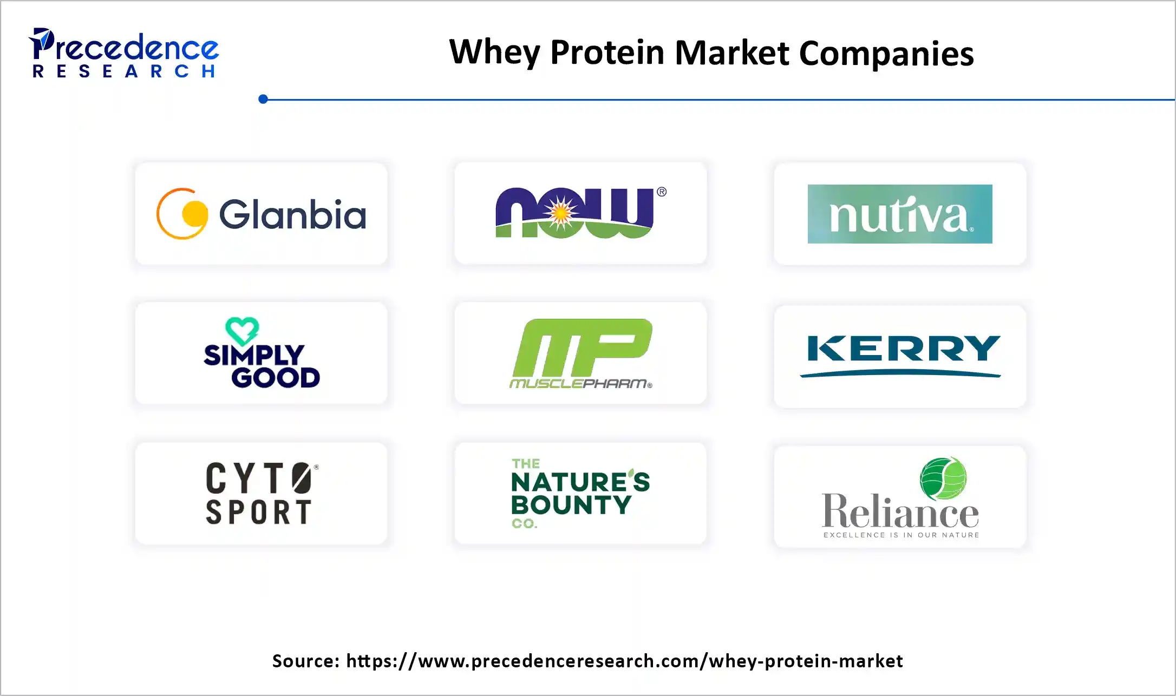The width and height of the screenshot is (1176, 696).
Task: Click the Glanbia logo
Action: [261, 214]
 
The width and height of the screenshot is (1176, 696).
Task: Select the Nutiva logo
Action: [899, 214]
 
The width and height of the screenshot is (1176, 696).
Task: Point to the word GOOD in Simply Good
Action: [276, 378]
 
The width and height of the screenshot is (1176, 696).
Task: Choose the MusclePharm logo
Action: [581, 353]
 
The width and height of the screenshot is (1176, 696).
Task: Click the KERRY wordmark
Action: [900, 349]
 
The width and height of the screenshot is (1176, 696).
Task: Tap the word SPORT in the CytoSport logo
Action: [259, 512]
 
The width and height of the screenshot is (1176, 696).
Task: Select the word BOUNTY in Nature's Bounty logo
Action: [571, 505]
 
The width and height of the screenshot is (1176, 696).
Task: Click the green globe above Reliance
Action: [943, 478]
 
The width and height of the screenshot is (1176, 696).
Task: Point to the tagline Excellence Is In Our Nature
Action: [901, 535]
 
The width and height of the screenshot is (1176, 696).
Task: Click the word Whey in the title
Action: [494, 53]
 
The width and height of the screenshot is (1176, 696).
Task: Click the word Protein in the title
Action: [607, 53]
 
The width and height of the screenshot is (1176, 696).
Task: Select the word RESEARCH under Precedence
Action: [125, 71]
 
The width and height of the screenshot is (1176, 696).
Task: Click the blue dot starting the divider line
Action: [263, 99]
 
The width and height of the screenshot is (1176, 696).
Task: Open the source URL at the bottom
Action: [624, 661]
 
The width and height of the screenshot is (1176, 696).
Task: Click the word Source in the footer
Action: [305, 661]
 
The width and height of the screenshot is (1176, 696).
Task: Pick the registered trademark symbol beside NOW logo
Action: [662, 192]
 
